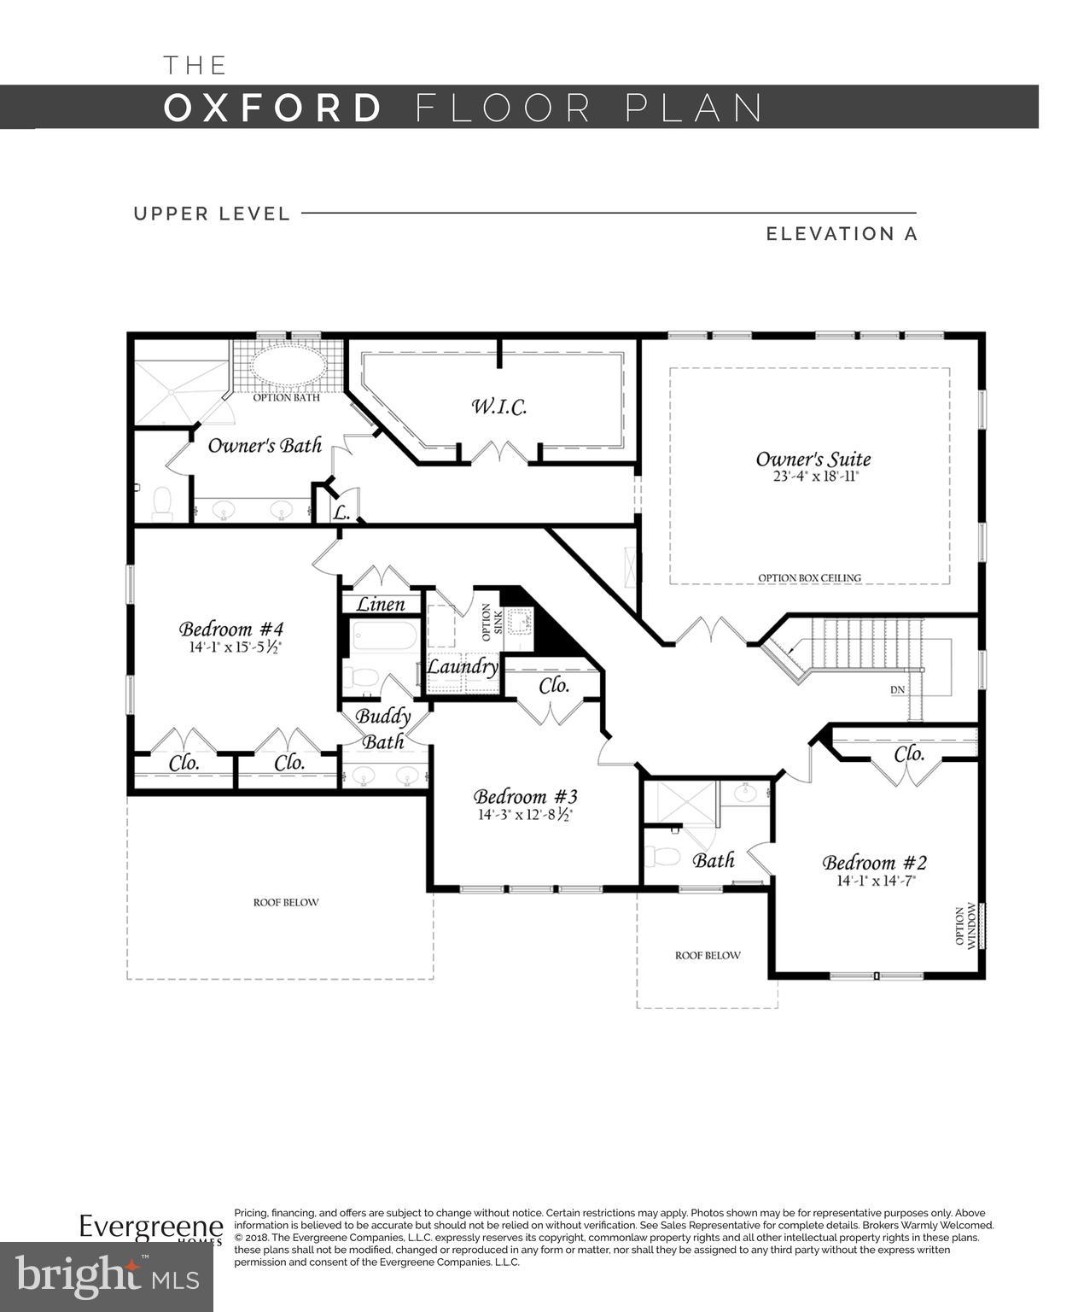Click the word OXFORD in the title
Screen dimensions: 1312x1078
(x=273, y=108)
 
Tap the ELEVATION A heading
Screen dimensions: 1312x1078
(x=841, y=234)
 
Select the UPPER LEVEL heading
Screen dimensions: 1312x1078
(x=212, y=214)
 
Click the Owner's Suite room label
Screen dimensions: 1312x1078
(x=813, y=460)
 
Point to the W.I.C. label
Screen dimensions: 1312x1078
(x=499, y=407)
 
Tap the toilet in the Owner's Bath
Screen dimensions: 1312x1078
(x=161, y=503)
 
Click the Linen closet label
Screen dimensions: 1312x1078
(x=381, y=605)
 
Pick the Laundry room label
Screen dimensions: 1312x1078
(x=462, y=666)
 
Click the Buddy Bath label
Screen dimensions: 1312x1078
(x=382, y=728)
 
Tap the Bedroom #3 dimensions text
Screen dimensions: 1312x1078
(x=524, y=815)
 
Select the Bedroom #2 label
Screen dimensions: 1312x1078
(x=874, y=862)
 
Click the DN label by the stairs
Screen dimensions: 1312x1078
(x=897, y=689)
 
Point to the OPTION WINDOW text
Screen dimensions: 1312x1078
(x=964, y=926)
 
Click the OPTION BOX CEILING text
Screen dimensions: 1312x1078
(x=809, y=578)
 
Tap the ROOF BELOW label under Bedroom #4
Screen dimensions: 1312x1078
(x=286, y=902)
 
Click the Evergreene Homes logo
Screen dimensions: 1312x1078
(x=151, y=1229)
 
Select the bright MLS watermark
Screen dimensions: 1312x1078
(x=107, y=1277)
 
